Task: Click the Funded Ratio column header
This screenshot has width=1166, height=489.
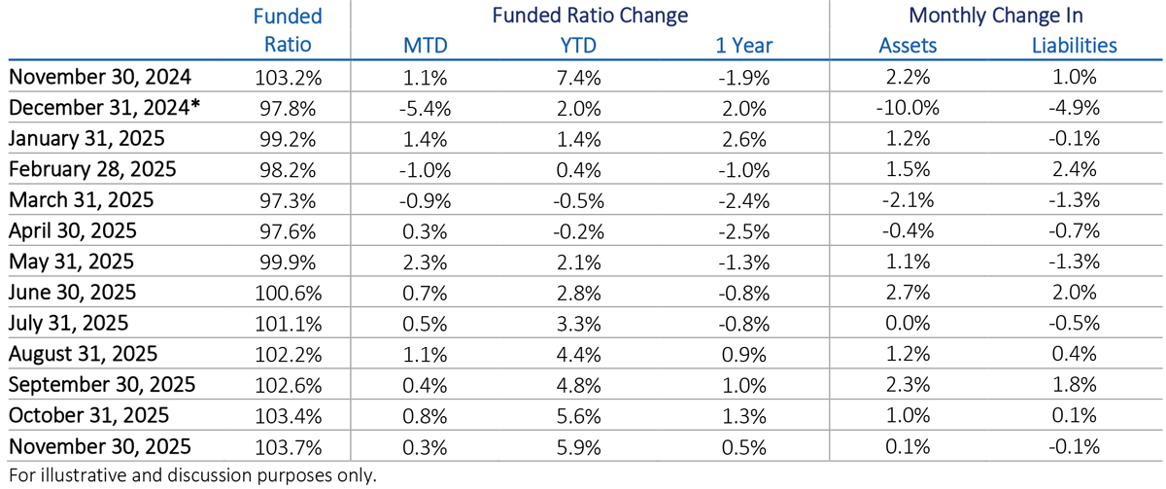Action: coord(287,31)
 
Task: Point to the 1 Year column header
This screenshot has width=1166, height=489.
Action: coord(742,45)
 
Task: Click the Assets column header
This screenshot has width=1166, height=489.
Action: coord(908,45)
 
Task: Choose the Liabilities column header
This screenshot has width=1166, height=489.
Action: coord(1073,45)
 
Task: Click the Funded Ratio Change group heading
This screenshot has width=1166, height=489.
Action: coord(590,16)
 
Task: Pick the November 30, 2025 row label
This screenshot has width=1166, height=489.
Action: coord(99,446)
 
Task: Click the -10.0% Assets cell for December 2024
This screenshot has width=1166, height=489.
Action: coord(908,107)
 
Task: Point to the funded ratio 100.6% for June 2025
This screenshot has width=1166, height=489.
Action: coord(287,293)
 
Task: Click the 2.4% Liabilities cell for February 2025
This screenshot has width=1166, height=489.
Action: coord(1073,169)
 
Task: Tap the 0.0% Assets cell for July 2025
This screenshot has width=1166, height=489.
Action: coord(908,323)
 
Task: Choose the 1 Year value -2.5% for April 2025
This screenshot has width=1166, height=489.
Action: coord(742,230)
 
